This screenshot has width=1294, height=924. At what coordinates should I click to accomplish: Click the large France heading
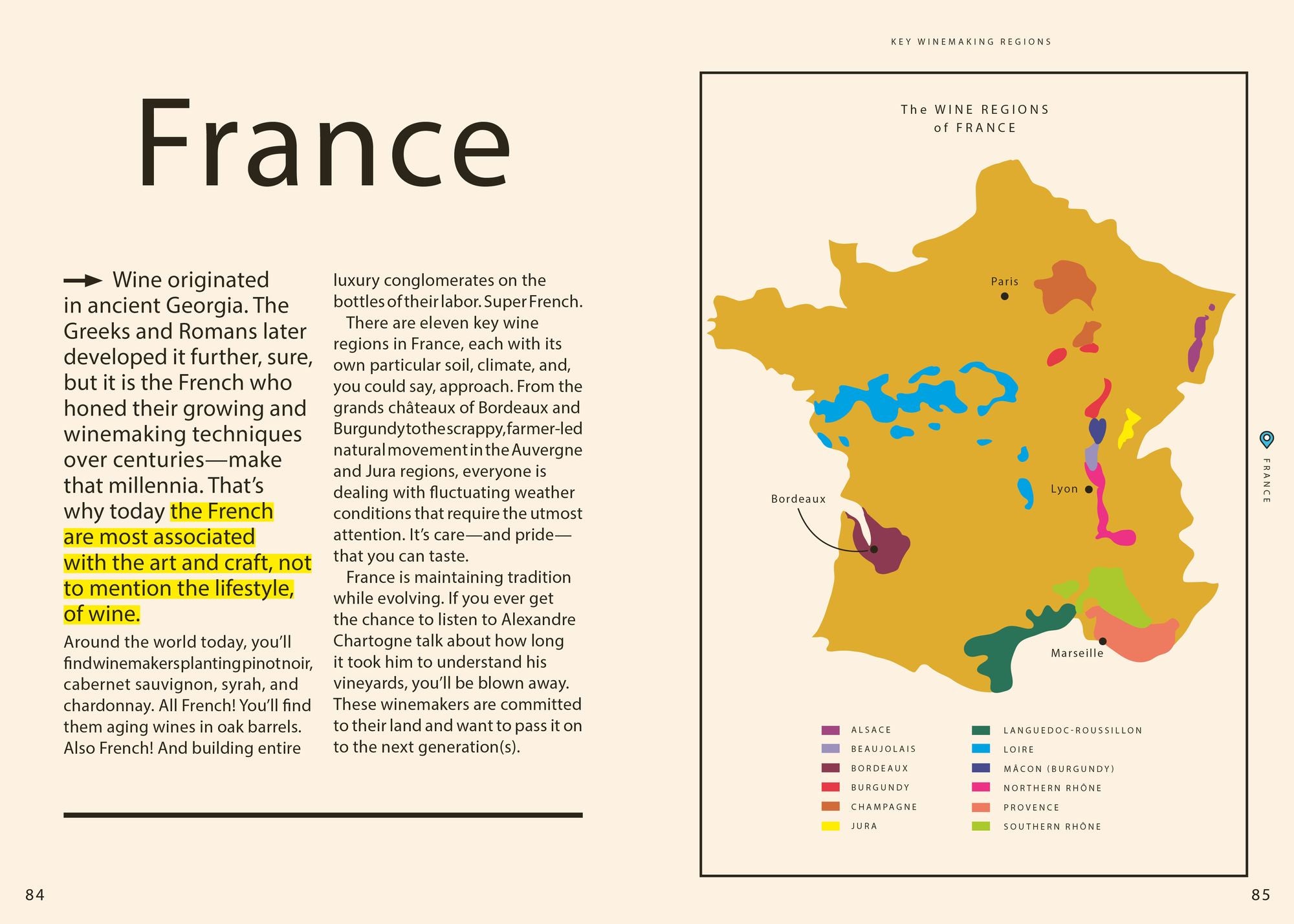click(x=323, y=144)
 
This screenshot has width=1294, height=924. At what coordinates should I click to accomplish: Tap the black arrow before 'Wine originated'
click(x=83, y=281)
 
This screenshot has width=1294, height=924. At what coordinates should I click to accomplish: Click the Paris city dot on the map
click(x=1004, y=296)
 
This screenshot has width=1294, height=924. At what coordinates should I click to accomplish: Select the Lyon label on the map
click(x=1064, y=489)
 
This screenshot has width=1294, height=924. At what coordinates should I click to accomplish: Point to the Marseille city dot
click(x=1102, y=641)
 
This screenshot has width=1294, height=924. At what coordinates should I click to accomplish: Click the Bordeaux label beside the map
click(x=798, y=499)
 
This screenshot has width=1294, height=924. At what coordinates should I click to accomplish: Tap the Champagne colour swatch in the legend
click(x=830, y=807)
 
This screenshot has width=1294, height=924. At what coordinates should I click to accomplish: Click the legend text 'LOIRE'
click(x=1018, y=749)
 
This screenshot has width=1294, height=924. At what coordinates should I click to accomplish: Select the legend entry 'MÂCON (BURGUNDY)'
click(x=1058, y=769)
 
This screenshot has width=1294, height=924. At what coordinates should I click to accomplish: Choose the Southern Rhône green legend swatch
click(x=981, y=826)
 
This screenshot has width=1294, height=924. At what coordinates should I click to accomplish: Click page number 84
click(x=35, y=895)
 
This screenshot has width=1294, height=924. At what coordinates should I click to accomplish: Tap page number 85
click(x=1261, y=895)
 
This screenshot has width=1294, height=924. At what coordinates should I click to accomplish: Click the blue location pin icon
click(x=1266, y=439)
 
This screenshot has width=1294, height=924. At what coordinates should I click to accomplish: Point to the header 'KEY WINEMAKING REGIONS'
click(x=971, y=41)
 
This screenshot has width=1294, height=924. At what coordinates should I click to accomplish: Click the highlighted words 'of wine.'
click(x=102, y=614)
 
